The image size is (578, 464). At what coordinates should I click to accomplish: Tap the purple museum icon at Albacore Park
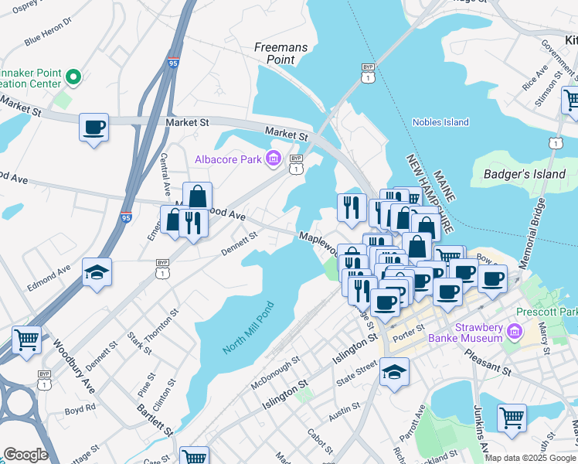coord(272,159)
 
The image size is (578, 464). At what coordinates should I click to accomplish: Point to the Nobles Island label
coord(440,122)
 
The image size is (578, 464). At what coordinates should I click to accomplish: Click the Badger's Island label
coord(525,174)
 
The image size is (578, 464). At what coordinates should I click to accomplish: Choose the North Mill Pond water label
coord(248,328)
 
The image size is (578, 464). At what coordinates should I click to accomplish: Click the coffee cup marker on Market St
coord(93,126)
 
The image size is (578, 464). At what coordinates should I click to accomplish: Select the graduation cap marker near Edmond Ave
coord(97,272)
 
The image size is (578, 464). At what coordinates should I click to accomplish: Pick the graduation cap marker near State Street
coord(394,372)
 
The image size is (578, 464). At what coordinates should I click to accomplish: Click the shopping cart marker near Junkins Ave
coord(512,418)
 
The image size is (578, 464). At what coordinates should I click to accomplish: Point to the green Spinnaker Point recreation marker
coord(73,77)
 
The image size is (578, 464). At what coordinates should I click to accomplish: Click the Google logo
coord(25,455)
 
